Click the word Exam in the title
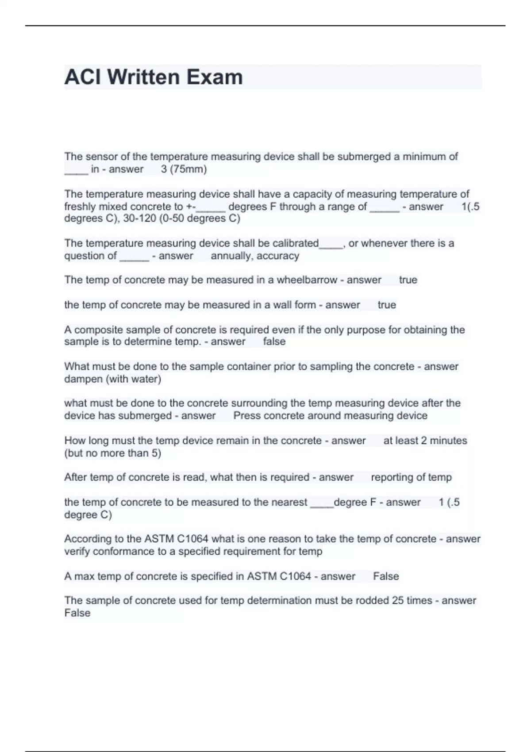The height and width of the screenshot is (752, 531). tap(214, 77)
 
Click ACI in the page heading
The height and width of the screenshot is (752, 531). tap(82, 77)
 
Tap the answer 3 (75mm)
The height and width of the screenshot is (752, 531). tap(184, 169)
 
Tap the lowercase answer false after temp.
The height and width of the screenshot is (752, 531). tap(274, 341)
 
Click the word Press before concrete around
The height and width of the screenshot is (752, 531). tap(247, 415)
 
